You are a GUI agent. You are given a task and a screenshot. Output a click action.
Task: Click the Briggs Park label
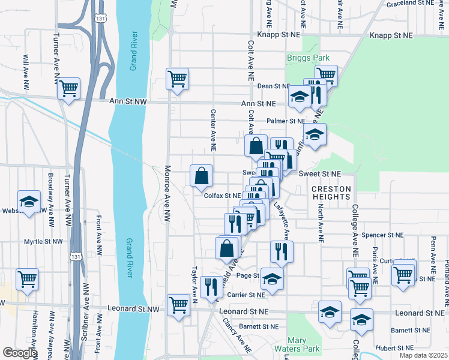tap(309, 58)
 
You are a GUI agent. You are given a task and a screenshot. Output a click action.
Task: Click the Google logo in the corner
tap(20, 353)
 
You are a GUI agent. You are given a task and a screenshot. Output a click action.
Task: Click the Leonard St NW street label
tap(133, 309)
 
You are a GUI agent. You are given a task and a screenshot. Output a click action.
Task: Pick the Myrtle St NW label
tap(43, 242)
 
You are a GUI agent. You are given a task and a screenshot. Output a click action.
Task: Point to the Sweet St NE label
tap(319, 173)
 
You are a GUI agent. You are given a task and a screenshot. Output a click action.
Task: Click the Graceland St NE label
tap(411, 3)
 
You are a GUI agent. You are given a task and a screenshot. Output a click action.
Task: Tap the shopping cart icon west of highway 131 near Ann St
tap(69, 89)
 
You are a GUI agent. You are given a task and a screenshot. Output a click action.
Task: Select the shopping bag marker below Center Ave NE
tap(202, 176)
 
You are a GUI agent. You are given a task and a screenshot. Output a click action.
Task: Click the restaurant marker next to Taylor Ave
tap(211, 287)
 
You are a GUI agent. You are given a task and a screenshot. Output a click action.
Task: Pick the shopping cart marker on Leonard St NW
tap(178, 304)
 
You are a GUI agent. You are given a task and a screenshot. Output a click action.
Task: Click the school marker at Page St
tap(272, 279)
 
